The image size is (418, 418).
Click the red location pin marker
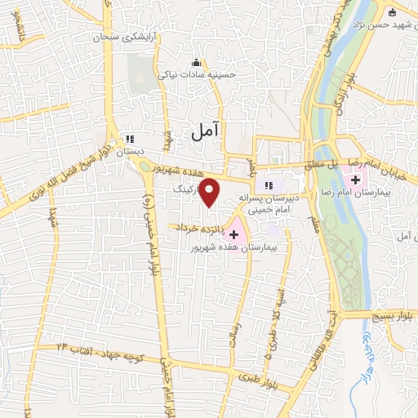[x=211, y=193]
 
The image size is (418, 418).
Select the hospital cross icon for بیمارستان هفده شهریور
[x=234, y=234]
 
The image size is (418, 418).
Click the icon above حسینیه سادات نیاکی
[x=194, y=62]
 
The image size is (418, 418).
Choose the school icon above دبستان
[x=129, y=137]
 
